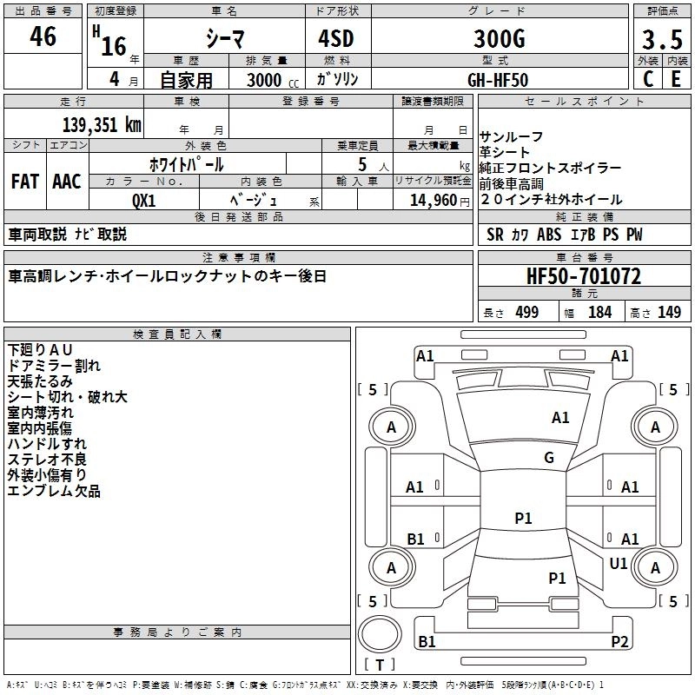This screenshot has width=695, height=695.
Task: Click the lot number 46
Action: click(43, 37)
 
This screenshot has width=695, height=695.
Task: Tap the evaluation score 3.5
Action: click(661, 40)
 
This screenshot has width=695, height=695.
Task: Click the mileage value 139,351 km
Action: click(101, 124)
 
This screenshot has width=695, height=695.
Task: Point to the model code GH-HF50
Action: click(498, 79)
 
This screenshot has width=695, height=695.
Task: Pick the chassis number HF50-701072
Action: click(584, 277)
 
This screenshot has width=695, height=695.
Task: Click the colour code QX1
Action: click(144, 200)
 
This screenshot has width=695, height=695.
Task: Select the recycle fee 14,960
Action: click(428, 201)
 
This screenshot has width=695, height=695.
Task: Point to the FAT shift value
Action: click(25, 182)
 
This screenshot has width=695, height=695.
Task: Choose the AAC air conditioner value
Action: click(67, 182)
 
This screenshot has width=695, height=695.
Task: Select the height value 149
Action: click(669, 313)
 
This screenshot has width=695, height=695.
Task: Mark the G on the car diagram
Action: click(548, 458)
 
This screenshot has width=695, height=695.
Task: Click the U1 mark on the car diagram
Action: click(619, 564)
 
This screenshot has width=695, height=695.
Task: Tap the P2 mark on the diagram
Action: click(619, 641)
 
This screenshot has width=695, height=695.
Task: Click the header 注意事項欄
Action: click(239, 258)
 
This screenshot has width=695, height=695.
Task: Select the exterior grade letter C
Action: click(647, 78)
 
